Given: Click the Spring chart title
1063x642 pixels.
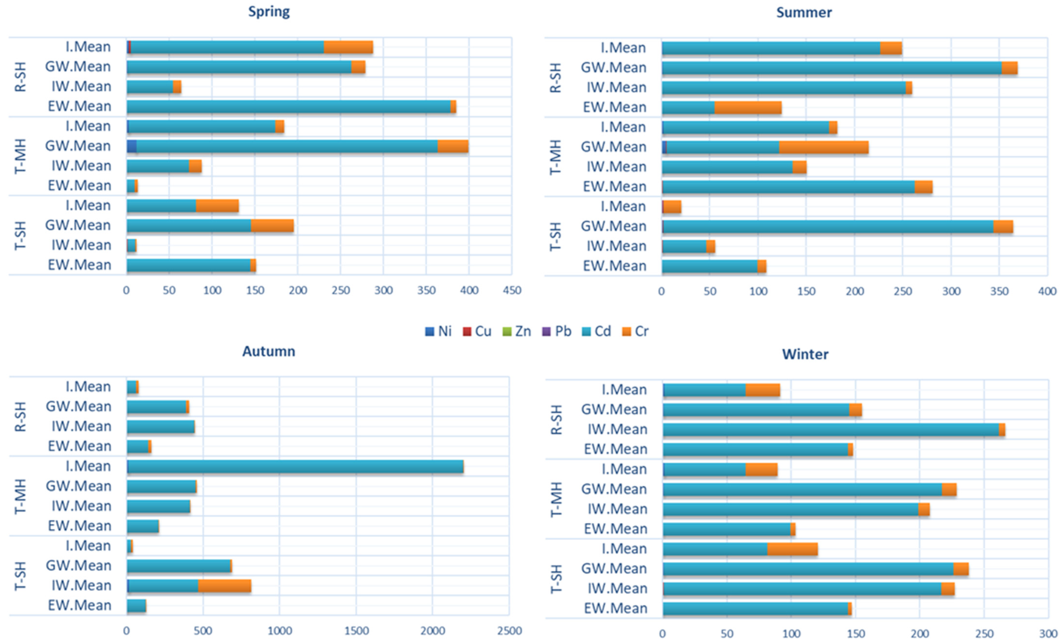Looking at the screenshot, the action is [269, 12].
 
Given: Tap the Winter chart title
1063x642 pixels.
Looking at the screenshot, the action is [805, 354].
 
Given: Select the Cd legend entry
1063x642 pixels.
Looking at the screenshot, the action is [596, 331].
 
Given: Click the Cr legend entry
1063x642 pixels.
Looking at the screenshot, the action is [635, 331].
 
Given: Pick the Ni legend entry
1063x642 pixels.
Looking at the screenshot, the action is [438, 331].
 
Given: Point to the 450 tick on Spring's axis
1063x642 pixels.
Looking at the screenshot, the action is [512, 290].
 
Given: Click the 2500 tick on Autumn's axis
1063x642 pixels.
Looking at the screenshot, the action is [509, 631].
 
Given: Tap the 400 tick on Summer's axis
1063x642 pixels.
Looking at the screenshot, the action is [1047, 291].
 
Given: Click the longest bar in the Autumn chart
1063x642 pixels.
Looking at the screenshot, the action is [295, 466].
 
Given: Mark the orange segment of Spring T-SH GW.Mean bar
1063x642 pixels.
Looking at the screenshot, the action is [272, 226].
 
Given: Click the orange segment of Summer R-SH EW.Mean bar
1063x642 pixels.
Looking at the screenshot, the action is [748, 107].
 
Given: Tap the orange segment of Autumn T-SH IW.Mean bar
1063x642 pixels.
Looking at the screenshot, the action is [224, 586].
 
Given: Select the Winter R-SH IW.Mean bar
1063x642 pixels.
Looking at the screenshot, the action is [834, 430].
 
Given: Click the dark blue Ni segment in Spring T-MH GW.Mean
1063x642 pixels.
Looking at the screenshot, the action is [132, 146].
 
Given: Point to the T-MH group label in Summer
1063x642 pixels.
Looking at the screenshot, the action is [556, 157].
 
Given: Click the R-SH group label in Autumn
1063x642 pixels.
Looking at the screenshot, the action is [20, 416].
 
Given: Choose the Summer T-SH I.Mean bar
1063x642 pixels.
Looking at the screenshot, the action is [672, 207].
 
